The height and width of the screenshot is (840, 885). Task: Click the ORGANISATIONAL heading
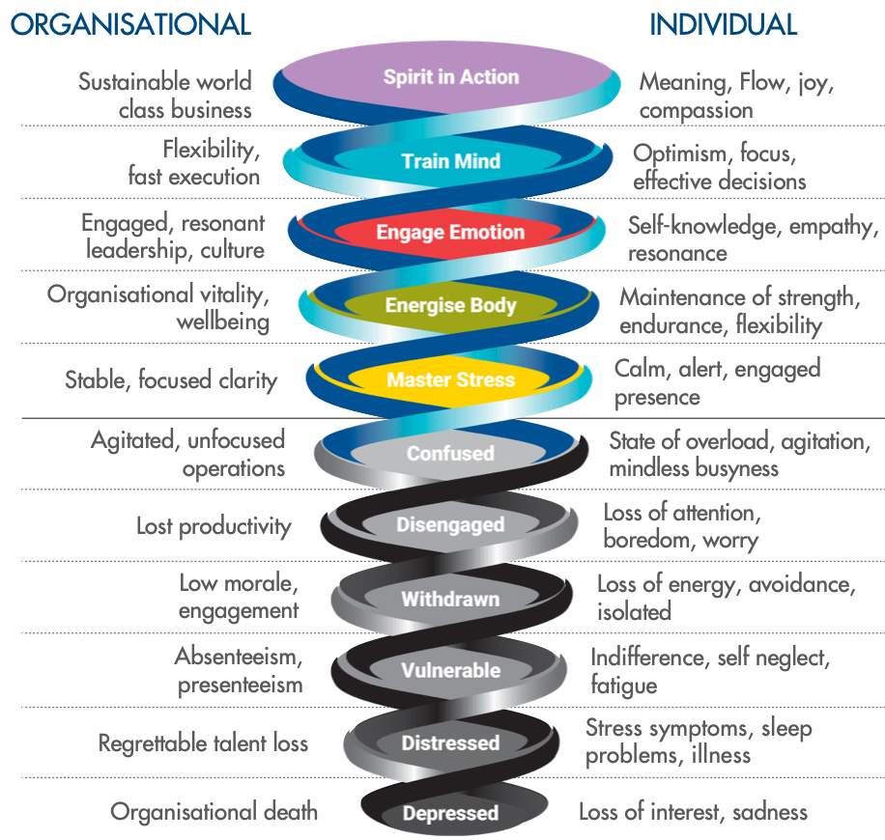click(131, 24)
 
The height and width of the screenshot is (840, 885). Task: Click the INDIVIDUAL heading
click(724, 24)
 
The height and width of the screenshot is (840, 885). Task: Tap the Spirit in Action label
click(450, 77)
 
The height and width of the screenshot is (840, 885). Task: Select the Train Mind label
click(450, 160)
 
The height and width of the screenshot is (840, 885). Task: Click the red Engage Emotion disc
click(450, 233)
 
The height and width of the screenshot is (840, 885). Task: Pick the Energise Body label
click(450, 306)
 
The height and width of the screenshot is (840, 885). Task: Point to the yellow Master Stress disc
click(450, 379)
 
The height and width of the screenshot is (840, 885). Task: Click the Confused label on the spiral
click(450, 453)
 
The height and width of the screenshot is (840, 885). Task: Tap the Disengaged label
click(450, 525)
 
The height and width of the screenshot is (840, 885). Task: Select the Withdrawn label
click(450, 599)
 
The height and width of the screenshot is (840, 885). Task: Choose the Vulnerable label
click(450, 670)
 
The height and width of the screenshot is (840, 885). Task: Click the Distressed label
click(450, 743)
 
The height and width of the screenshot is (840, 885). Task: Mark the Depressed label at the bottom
click(450, 813)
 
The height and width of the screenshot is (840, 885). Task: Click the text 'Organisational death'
click(214, 811)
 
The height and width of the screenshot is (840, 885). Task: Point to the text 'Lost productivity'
click(213, 526)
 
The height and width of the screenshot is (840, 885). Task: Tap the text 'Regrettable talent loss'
click(203, 743)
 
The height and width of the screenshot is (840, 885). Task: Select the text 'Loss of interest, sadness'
click(693, 812)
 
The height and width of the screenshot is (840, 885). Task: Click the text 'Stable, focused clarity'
click(171, 379)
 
